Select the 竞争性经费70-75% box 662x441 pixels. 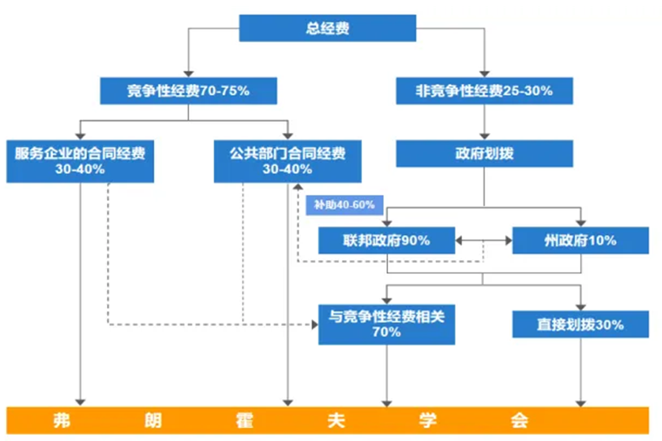[188, 90]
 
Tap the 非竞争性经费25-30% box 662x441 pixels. [485, 90]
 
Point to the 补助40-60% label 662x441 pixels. [344, 205]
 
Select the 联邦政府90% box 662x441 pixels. [386, 240]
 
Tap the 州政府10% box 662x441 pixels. [580, 240]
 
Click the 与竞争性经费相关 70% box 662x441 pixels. [386, 324]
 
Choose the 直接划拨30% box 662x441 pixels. [580, 324]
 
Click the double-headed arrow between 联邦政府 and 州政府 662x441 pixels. [484, 240]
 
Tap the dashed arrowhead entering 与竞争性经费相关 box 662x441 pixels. [314, 324]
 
